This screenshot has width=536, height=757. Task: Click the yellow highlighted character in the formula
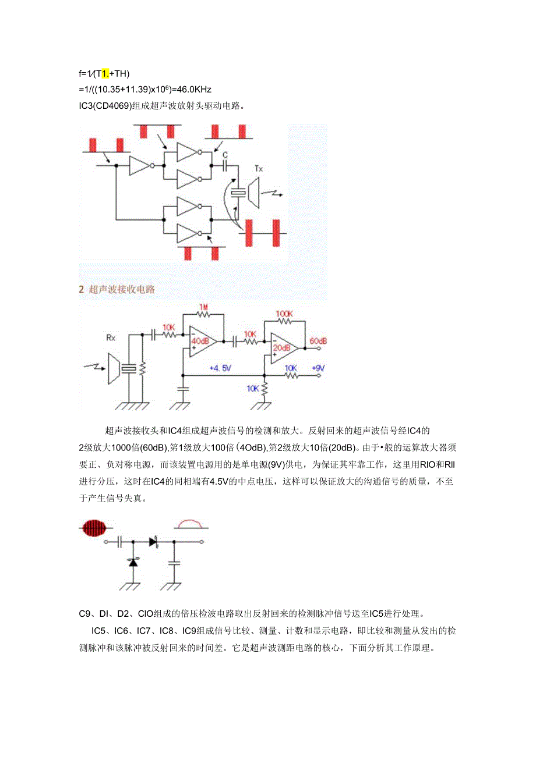pyautogui.click(x=105, y=73)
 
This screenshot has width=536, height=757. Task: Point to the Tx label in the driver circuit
pyautogui.click(x=259, y=169)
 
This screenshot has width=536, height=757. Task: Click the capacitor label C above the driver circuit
pyautogui.click(x=225, y=155)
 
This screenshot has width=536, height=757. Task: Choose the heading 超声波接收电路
pyautogui.click(x=122, y=289)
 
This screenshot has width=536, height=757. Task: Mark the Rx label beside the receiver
pyautogui.click(x=111, y=337)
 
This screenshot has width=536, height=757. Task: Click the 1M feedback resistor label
pyautogui.click(x=203, y=307)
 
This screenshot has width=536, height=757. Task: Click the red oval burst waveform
pyautogui.click(x=93, y=528)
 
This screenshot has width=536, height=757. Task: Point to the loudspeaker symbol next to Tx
pyautogui.click(x=254, y=193)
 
